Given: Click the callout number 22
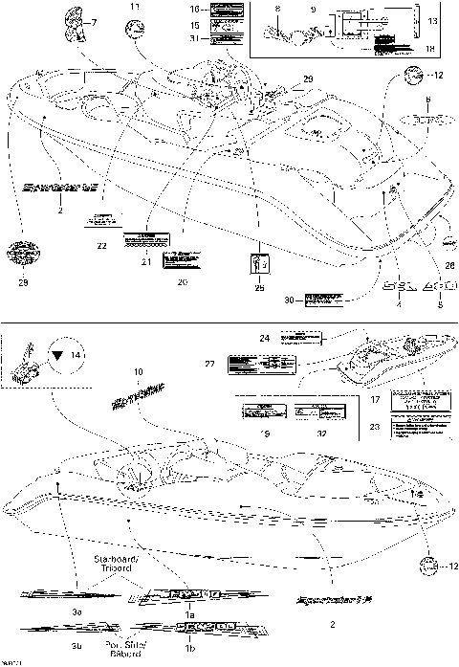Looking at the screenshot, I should pos(100,247).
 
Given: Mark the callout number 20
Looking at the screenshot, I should pos(182,281).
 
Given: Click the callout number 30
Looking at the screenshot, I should pos(291,300).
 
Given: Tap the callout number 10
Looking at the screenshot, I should pos(138,371).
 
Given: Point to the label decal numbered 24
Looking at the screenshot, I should pos(302,338).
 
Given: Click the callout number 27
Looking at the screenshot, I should pos(210,365).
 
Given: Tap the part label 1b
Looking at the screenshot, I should pos(188,649).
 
